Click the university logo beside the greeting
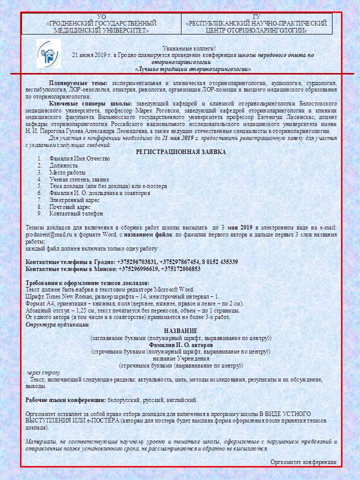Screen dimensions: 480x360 click(48, 53)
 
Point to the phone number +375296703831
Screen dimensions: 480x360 click(136, 262)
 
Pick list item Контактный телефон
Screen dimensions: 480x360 click(69, 213)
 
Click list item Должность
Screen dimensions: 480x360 click(63, 165)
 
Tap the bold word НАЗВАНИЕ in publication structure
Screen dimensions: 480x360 click(180, 331)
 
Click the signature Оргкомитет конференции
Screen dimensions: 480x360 click(303, 462)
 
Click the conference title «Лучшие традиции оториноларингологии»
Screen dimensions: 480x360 click(193, 69)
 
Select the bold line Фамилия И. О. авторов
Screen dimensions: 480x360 click(181, 345)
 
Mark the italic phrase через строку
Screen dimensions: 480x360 click(43, 372)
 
